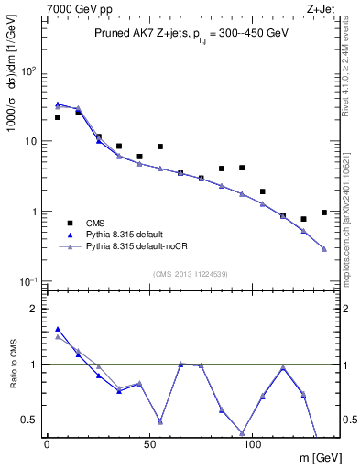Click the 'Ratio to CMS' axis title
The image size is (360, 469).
coord(12,365)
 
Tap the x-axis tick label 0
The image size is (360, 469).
coord(47,444)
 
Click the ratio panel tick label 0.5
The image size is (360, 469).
coord(28,420)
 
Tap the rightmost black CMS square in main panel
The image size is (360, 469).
coord(324,213)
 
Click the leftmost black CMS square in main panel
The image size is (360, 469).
coord(58,117)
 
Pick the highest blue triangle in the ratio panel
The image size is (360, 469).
coord(58,329)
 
